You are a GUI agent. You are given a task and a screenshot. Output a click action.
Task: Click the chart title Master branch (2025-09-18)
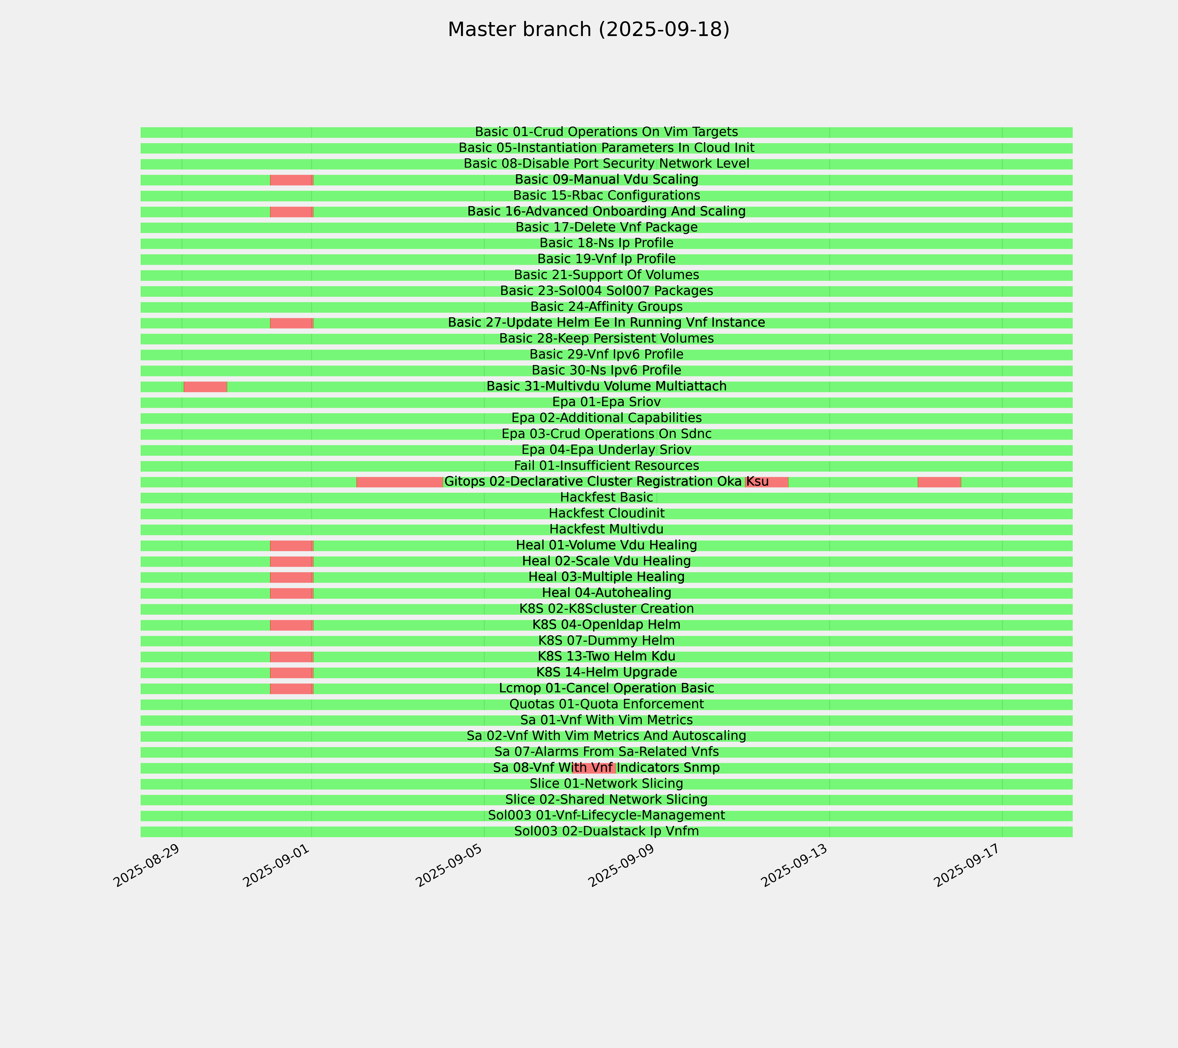[588, 29]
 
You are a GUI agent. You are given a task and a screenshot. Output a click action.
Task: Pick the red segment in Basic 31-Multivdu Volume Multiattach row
[205, 386]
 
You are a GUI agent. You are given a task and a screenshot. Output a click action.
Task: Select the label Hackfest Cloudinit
[606, 513]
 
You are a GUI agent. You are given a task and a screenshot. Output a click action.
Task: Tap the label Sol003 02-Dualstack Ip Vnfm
[606, 831]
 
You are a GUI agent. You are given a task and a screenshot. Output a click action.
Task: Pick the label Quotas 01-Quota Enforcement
[606, 704]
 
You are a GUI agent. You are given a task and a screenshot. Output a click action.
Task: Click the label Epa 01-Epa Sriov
[606, 402]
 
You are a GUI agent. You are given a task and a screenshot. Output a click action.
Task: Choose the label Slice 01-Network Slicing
[606, 784]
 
